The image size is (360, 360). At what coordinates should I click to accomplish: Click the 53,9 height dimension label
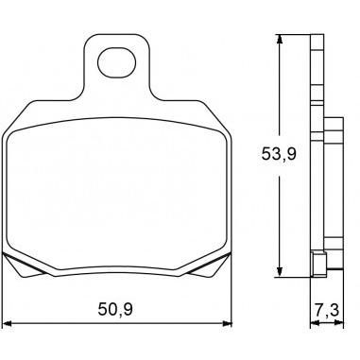tap(279, 154)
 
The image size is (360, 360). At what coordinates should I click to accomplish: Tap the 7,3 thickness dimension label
tap(327, 310)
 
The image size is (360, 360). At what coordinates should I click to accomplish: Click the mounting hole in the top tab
tap(117, 62)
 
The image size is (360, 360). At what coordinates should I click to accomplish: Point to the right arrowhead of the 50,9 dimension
tap(227, 323)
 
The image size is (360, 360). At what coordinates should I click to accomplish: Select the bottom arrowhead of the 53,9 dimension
tap(279, 272)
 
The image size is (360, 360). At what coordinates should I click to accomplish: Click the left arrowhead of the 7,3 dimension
tap(315, 323)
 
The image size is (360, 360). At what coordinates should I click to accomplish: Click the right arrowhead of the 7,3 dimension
tap(339, 323)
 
